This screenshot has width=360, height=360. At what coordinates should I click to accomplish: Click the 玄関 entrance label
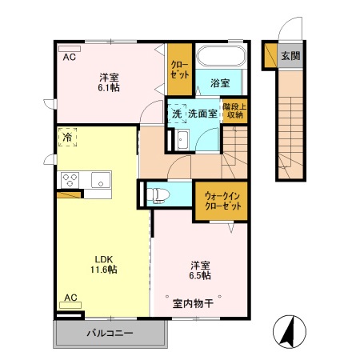pos(290,56)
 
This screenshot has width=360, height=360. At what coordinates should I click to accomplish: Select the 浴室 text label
pos(221,82)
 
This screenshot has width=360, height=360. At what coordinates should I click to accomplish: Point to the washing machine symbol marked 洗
pos(177,114)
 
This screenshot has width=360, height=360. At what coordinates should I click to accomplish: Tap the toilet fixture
pos(158,193)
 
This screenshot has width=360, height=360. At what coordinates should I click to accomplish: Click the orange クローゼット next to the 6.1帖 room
pos(179,68)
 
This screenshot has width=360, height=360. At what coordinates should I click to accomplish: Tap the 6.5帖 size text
pos(201,274)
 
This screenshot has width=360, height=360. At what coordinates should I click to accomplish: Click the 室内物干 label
pos(192,303)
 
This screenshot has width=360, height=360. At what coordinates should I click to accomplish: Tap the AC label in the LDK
pos(70,298)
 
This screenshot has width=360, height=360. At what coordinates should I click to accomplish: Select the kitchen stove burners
pos(68,178)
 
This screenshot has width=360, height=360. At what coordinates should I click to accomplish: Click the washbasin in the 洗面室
pos(182,142)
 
